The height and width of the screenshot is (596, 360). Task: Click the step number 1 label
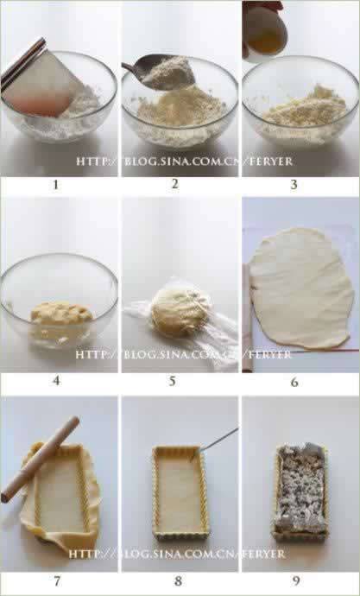(x=56, y=185)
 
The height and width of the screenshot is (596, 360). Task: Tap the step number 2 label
(x=174, y=184)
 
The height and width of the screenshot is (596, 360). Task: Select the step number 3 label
(x=294, y=185)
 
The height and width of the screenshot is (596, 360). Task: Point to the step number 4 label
(x=56, y=381)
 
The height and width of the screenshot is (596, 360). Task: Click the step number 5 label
(x=173, y=381)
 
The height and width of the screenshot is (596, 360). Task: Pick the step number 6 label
(x=294, y=382)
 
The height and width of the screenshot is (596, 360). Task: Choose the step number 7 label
(x=57, y=581)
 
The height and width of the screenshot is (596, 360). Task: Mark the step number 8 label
(x=178, y=580)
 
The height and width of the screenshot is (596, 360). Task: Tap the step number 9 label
(x=296, y=580)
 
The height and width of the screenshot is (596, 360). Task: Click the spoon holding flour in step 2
(x=160, y=72)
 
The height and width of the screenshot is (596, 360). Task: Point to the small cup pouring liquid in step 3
(x=264, y=31)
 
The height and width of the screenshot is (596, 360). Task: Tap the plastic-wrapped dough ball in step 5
(x=180, y=313)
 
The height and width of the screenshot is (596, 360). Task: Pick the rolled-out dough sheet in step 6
(x=302, y=288)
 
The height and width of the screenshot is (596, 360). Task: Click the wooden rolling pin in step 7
(x=41, y=460)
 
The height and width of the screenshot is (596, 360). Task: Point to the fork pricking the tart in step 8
(x=218, y=441)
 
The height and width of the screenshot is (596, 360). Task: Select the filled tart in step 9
(x=300, y=491)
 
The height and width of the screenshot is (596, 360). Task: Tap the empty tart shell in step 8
(x=180, y=493)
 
